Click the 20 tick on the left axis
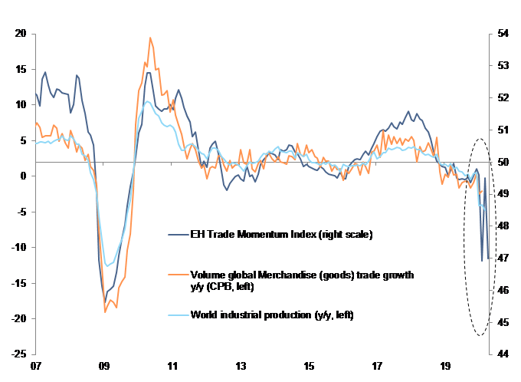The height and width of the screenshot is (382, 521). tap(21, 34)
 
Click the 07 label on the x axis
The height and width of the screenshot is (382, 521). tap(35, 367)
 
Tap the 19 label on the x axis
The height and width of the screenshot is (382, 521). tap(445, 367)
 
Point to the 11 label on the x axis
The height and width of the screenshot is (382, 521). tap(172, 367)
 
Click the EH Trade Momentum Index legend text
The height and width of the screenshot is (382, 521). tap(280, 235)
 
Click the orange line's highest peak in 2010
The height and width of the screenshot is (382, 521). tap(150, 38)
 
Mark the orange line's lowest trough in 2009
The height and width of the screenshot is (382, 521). tap(105, 311)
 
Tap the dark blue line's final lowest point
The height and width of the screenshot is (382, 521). tap(482, 262)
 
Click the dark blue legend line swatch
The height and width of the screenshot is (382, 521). tap(177, 235)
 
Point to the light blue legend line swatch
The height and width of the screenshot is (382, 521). tap(177, 315)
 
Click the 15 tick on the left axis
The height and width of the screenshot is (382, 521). tap(21, 69)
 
